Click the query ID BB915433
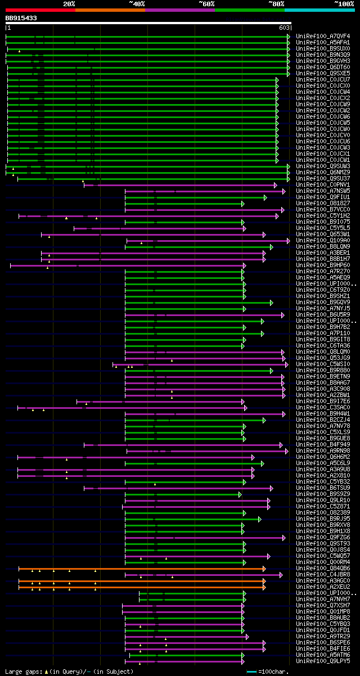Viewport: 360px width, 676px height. click(x=21, y=18)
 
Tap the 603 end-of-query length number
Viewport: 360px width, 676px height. click(x=284, y=28)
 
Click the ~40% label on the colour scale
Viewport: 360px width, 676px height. click(x=137, y=3)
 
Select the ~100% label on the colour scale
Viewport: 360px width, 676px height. click(x=343, y=3)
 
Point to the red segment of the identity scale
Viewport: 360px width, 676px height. click(x=40, y=10)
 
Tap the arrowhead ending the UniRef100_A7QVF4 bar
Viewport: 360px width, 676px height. click(x=288, y=37)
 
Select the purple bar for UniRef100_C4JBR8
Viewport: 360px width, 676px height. click(x=202, y=575)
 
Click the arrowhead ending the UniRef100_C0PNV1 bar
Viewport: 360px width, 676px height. click(x=276, y=185)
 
